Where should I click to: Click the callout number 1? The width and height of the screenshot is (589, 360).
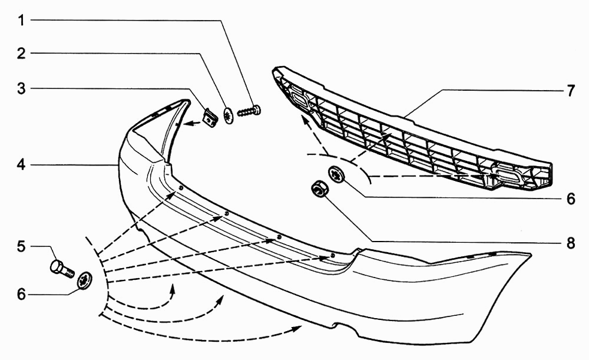21,20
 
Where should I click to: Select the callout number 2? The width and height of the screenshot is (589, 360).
21,54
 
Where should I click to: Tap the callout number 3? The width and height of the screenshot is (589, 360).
21,89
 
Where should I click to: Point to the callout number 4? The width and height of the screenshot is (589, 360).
21,164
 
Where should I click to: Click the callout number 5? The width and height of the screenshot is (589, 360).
21,246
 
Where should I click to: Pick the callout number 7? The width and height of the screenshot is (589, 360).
570,91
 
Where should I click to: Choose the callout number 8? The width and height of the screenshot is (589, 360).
570,243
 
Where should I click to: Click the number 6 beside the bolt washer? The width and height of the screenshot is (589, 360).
21,294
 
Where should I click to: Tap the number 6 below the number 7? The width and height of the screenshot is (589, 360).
570,199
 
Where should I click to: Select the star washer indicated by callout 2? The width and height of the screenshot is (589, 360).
229,115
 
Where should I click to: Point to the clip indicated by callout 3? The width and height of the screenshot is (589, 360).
211,118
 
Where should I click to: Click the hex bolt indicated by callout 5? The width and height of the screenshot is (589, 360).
62,268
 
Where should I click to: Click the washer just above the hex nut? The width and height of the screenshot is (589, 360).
336,174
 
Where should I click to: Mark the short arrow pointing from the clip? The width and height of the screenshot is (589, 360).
193,123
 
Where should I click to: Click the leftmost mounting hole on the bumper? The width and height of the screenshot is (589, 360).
181,188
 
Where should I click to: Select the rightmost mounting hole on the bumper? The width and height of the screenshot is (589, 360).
333,256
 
